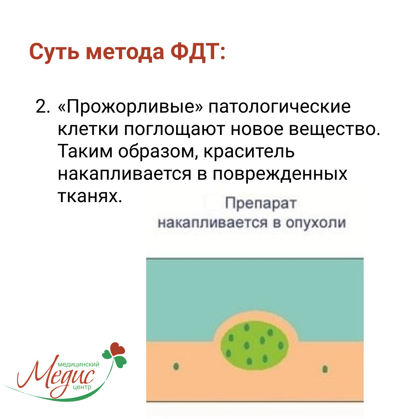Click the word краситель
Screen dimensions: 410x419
(x=249, y=152)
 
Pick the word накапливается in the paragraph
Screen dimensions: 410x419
(x=125, y=174)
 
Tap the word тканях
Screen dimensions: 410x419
(x=90, y=196)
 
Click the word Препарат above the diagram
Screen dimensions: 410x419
(x=261, y=204)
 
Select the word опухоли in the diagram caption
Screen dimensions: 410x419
(x=315, y=223)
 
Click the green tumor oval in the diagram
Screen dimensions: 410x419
(x=255, y=345)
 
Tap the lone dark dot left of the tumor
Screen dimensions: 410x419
(x=176, y=366)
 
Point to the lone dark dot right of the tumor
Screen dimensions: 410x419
(x=325, y=369)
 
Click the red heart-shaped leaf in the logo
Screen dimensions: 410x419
(x=117, y=349)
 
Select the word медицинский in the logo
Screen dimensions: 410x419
(x=78, y=364)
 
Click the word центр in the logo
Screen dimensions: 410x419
(x=82, y=387)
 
